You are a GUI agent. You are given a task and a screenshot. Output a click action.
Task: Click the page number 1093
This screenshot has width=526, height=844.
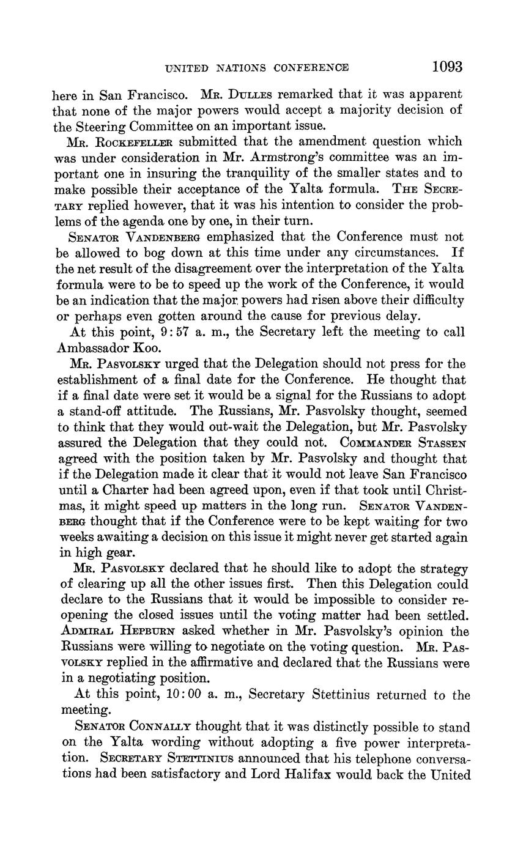click(x=446, y=67)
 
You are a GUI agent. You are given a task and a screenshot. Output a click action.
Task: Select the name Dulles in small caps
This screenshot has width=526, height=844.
click(x=256, y=95)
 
